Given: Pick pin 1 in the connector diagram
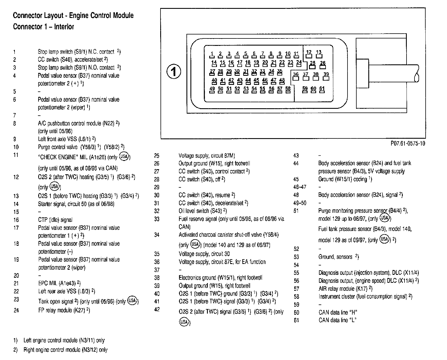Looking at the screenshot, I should tap(212, 54).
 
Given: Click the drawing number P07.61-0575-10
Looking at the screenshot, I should tap(407, 144).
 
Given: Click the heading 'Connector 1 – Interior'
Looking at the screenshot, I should tap(43, 27).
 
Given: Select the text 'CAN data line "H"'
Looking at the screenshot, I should tap(338, 312).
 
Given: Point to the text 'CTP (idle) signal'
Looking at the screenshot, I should tap(55, 220).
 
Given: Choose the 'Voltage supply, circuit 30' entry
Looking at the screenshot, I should tap(204, 254).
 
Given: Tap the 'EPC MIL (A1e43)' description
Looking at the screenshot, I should tap(59, 283).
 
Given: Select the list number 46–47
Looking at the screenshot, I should tap(300, 187).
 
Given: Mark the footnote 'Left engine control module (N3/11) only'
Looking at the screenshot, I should tap(64, 340).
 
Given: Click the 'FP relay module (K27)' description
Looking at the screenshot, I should tap(64, 310).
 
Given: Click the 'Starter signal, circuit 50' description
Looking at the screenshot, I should tap(76, 204).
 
